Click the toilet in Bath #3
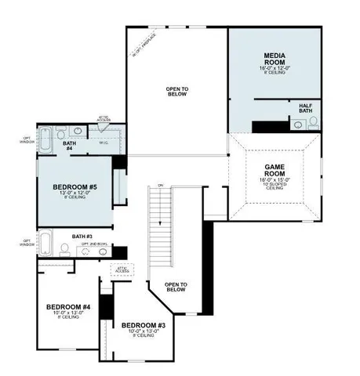64,249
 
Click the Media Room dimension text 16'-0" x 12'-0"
275,69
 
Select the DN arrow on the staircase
160,185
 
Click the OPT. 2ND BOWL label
94,244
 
